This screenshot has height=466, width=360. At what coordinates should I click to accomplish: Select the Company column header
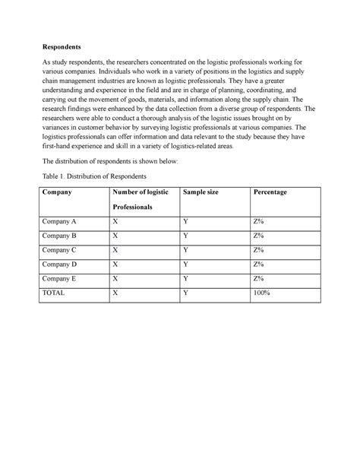tap(57, 193)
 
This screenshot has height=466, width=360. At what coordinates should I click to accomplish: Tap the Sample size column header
tap(201, 193)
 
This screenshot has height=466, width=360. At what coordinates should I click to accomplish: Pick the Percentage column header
tap(270, 193)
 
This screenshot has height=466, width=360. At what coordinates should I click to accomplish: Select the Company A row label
tap(60, 221)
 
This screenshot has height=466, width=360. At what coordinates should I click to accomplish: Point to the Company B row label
tap(60, 236)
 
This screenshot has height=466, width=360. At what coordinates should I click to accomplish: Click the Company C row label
tap(60, 249)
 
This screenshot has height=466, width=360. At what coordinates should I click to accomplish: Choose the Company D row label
tap(60, 264)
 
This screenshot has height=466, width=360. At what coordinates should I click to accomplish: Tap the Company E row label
tap(60, 278)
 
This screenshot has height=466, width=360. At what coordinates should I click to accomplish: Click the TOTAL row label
tap(55, 292)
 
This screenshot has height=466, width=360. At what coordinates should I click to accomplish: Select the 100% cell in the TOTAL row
tap(262, 292)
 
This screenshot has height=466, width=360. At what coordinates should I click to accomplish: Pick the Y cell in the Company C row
tap(185, 249)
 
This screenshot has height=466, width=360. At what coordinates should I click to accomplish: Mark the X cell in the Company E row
tap(115, 278)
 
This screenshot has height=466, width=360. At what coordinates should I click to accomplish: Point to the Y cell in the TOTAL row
tap(185, 292)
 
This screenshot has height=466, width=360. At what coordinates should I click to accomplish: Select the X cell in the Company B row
tap(115, 236)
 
